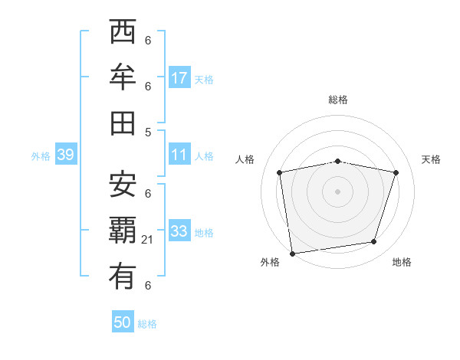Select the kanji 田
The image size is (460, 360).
pyautogui.click(x=123, y=123)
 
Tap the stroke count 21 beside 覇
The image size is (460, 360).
pyautogui.click(x=148, y=240)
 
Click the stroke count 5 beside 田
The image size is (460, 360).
pyautogui.click(x=148, y=133)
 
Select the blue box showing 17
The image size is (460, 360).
pyautogui.click(x=179, y=78)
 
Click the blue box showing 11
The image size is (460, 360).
pyautogui.click(x=179, y=155)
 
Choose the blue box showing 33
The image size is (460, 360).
pyautogui.click(x=179, y=231)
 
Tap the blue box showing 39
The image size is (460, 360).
pyautogui.click(x=65, y=155)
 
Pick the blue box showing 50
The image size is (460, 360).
pyautogui.click(x=123, y=322)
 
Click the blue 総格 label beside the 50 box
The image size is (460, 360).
pyautogui.click(x=148, y=324)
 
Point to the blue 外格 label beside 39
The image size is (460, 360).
pyautogui.click(x=41, y=156)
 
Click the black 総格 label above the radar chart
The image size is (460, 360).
pyautogui.click(x=337, y=100)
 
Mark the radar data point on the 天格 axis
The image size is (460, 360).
pyautogui.click(x=396, y=172)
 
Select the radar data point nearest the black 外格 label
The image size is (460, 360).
pyautogui.click(x=292, y=253)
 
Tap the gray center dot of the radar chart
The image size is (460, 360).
pyautogui.click(x=337, y=191)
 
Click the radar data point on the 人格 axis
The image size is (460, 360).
pyautogui.click(x=280, y=172)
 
